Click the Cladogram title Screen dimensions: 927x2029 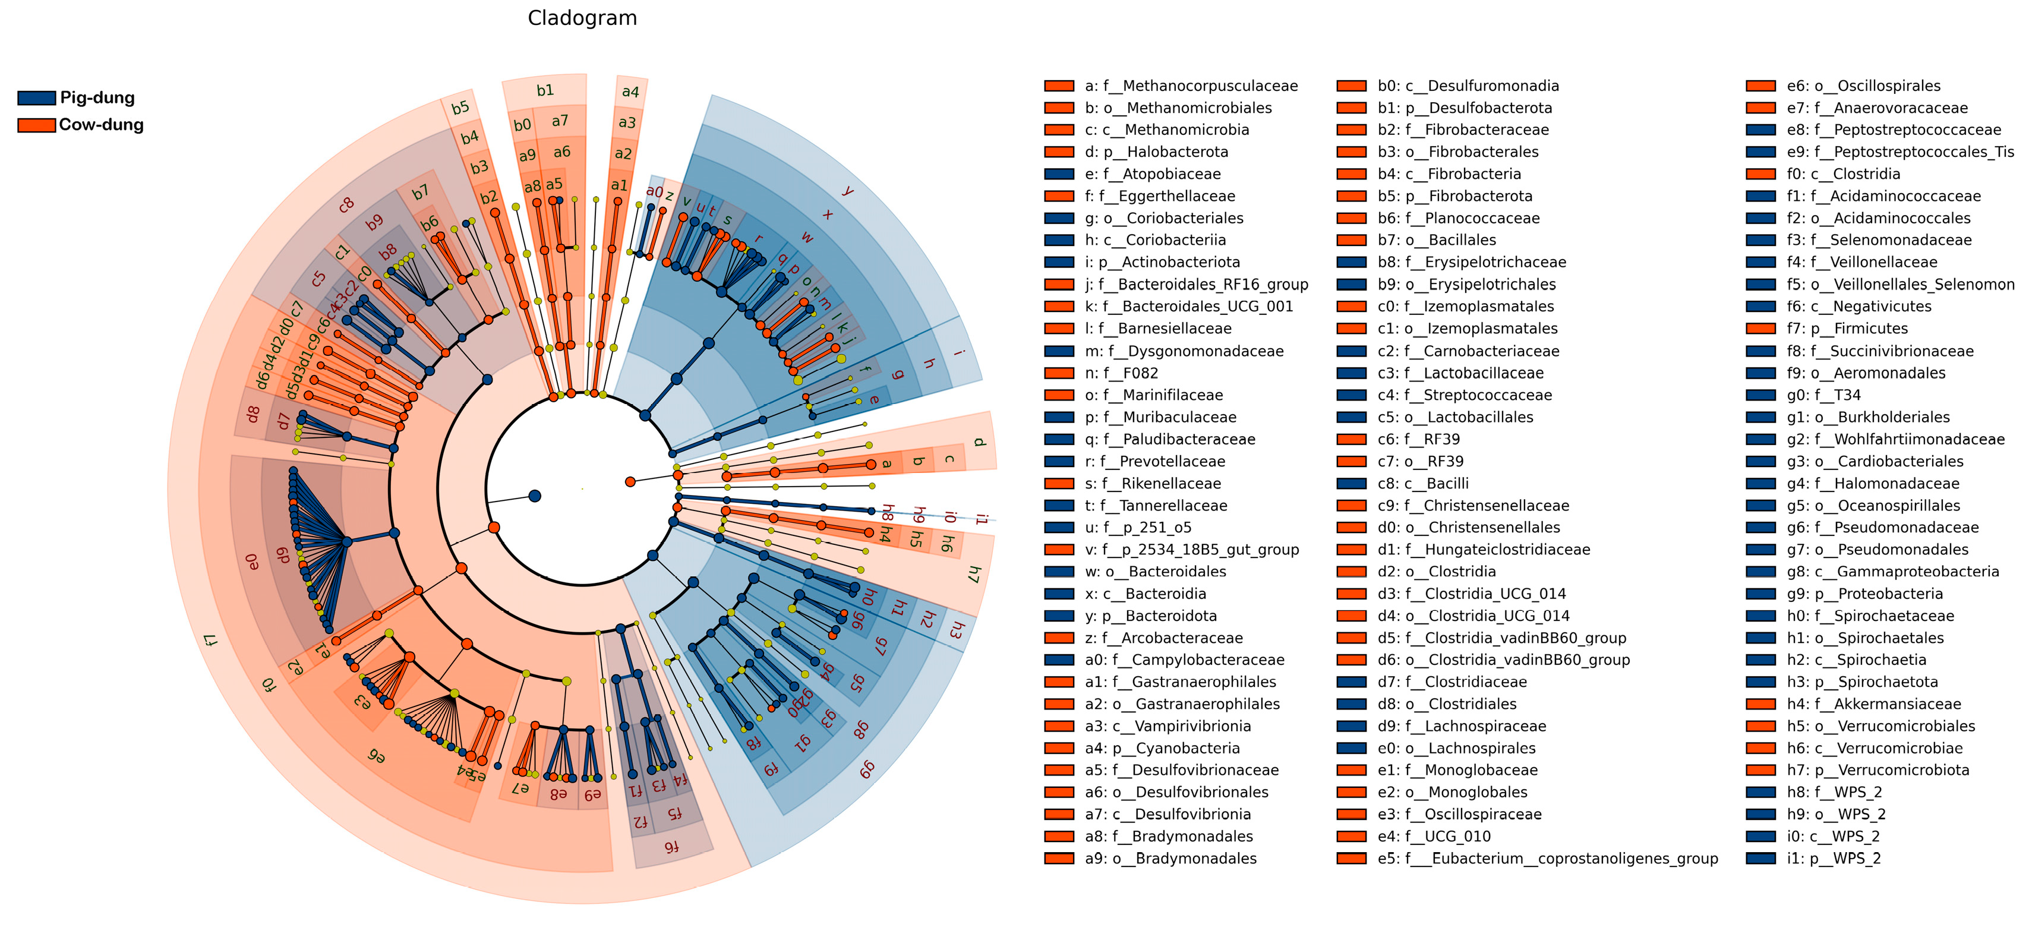tap(582, 18)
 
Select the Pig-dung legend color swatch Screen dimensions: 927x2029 tap(36, 97)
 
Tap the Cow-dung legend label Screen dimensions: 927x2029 tap(101, 124)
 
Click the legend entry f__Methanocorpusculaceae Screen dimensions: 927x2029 tap(1190, 86)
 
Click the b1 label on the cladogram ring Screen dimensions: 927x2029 tap(545, 90)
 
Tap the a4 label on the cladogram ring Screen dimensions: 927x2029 tap(630, 92)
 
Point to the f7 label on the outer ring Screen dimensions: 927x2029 tap(210, 639)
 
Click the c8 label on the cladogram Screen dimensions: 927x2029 tap(346, 206)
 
